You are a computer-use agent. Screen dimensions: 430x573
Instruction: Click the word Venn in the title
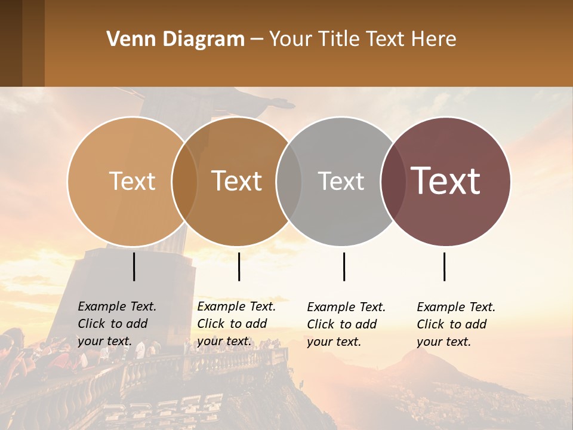pyautogui.click(x=128, y=39)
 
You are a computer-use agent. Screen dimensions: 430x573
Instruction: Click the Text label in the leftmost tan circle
pyautogui.click(x=132, y=181)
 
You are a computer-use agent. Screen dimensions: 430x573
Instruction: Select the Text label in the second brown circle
pyautogui.click(x=237, y=181)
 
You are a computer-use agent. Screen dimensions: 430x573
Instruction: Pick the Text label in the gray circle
pyautogui.click(x=341, y=181)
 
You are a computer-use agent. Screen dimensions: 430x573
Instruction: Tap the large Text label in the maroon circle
pyautogui.click(x=446, y=181)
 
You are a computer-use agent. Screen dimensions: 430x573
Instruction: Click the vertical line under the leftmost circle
pyautogui.click(x=134, y=266)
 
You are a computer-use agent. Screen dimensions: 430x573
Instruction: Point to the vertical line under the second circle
pyautogui.click(x=239, y=266)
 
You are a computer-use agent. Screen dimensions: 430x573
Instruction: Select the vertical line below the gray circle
pyautogui.click(x=344, y=266)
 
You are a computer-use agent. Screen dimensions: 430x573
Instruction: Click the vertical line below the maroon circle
pyautogui.click(x=444, y=266)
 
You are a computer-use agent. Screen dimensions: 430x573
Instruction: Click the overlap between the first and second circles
pyautogui.click(x=184, y=181)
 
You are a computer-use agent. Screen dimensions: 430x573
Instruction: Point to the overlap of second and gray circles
pyautogui.click(x=289, y=181)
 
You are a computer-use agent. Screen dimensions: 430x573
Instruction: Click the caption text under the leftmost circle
pyautogui.click(x=116, y=324)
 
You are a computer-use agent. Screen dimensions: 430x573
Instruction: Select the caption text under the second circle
pyautogui.click(x=236, y=324)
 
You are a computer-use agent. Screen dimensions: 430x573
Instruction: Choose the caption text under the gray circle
pyautogui.click(x=346, y=324)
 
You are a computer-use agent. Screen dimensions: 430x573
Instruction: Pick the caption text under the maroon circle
pyautogui.click(x=455, y=324)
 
